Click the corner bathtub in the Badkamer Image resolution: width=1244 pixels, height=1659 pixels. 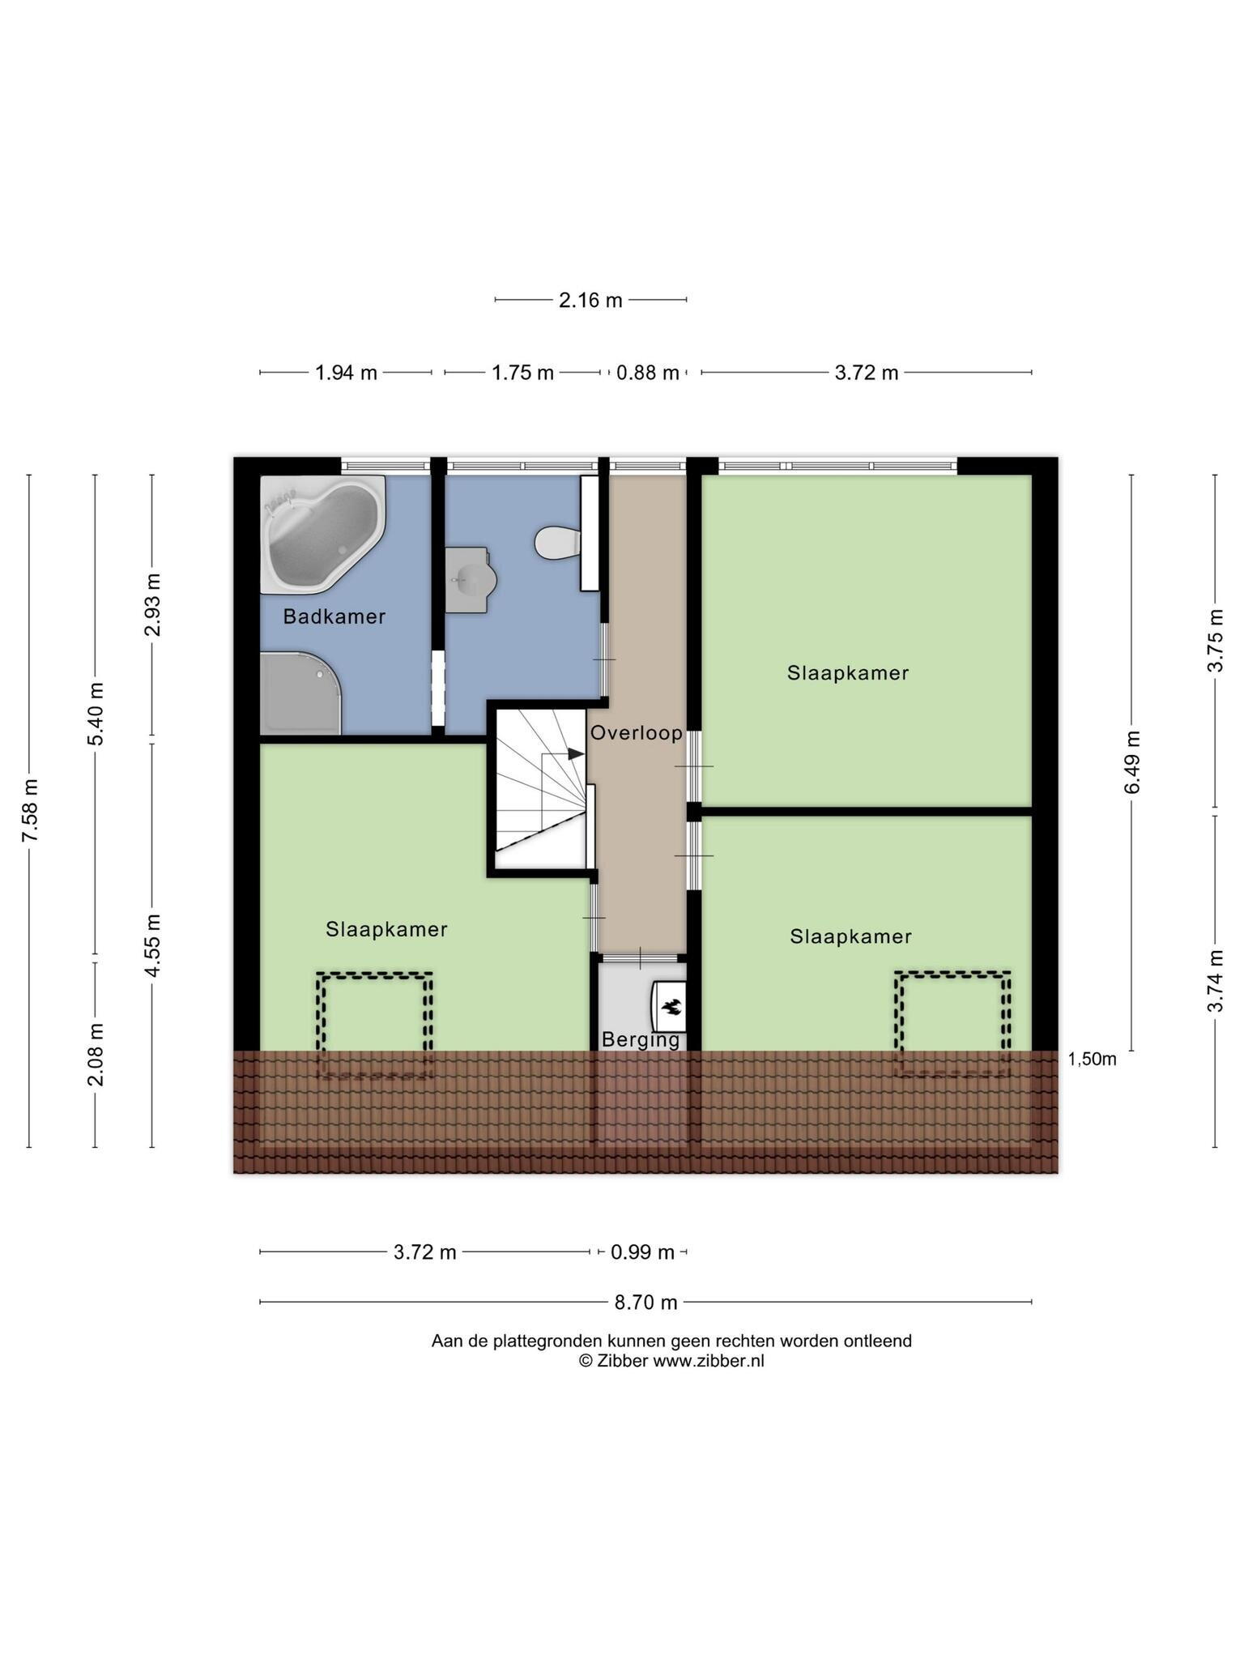(x=323, y=534)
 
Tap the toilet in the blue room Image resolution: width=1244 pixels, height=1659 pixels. (x=558, y=542)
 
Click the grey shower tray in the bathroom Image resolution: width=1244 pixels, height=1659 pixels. (x=300, y=693)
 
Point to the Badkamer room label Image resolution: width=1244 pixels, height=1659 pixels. (x=334, y=616)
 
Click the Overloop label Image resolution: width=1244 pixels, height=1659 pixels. (x=637, y=733)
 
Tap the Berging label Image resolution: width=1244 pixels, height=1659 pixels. (x=641, y=1040)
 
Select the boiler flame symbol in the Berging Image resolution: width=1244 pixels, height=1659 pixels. (x=671, y=1008)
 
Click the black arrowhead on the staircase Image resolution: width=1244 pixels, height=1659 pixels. (x=576, y=754)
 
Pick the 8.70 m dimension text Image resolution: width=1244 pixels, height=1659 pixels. (x=645, y=1303)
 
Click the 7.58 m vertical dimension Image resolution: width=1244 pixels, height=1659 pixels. (x=30, y=810)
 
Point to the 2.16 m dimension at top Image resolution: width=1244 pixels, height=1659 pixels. (x=590, y=301)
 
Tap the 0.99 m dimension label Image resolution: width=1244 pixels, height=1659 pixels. (x=642, y=1252)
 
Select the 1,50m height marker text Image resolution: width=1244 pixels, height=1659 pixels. (x=1092, y=1059)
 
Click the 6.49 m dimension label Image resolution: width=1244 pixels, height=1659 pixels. (x=1132, y=762)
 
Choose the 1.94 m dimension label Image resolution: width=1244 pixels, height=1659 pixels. (x=346, y=373)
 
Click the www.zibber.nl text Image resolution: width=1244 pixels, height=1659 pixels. (x=709, y=1361)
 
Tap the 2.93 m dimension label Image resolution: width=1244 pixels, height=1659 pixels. (x=152, y=604)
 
